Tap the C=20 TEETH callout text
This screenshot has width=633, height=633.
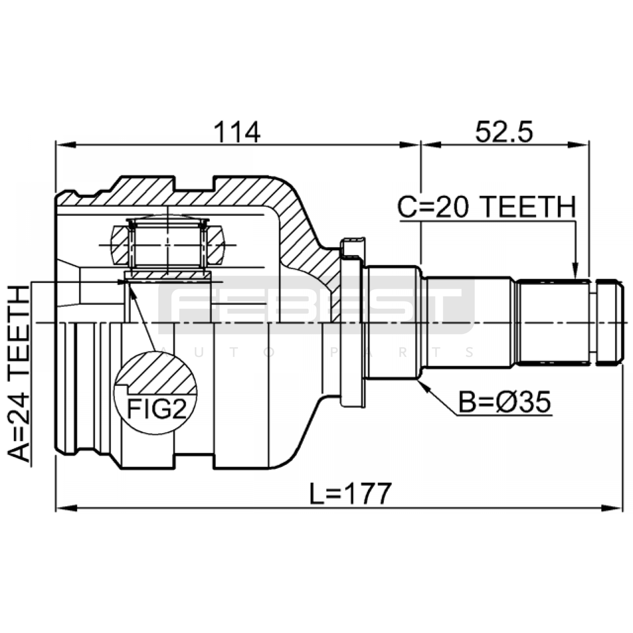[x=487, y=207]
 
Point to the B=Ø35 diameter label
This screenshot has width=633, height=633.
[x=504, y=402]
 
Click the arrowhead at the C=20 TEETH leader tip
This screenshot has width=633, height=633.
[x=575, y=272]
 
